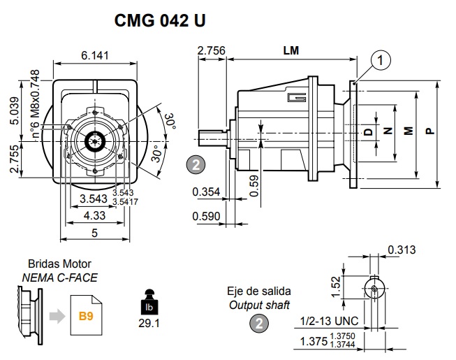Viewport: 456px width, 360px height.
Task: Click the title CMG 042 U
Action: point(160,21)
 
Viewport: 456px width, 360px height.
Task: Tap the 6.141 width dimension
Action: point(95,56)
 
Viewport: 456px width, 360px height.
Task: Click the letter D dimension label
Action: point(368,131)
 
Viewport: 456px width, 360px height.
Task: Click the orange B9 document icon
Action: point(86,317)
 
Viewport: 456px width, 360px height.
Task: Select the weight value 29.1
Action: point(148,324)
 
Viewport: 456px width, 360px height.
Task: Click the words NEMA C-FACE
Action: point(59,278)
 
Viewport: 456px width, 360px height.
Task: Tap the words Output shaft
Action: point(259,305)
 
